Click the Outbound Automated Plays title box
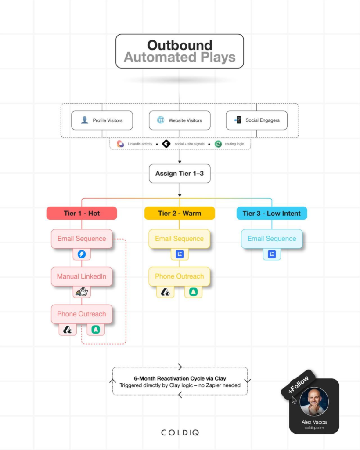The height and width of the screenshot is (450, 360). point(180,51)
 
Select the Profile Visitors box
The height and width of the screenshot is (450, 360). point(102,120)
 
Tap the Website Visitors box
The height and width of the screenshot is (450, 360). point(179,120)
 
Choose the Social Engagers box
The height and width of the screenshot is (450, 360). point(256,120)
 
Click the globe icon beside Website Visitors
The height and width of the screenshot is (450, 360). point(161,120)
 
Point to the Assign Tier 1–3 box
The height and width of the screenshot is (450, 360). point(179,174)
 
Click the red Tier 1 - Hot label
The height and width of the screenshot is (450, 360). point(82,213)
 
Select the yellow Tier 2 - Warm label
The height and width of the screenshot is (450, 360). point(180,213)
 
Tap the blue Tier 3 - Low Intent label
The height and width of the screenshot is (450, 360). point(272,213)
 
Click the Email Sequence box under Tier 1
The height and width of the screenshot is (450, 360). point(82,239)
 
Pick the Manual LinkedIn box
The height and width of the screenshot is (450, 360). point(82,276)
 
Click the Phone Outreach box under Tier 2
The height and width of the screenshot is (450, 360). point(179,276)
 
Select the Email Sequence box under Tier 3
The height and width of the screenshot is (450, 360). point(272,239)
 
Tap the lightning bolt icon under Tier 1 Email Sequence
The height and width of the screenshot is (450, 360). point(82,254)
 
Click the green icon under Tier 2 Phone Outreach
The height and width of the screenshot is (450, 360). point(193,291)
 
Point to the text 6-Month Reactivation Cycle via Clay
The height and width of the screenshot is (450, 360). point(180,378)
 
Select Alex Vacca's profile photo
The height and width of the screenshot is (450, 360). point(314,402)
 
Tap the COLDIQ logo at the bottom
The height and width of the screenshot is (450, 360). point(180,432)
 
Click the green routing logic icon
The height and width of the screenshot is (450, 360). point(218,144)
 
